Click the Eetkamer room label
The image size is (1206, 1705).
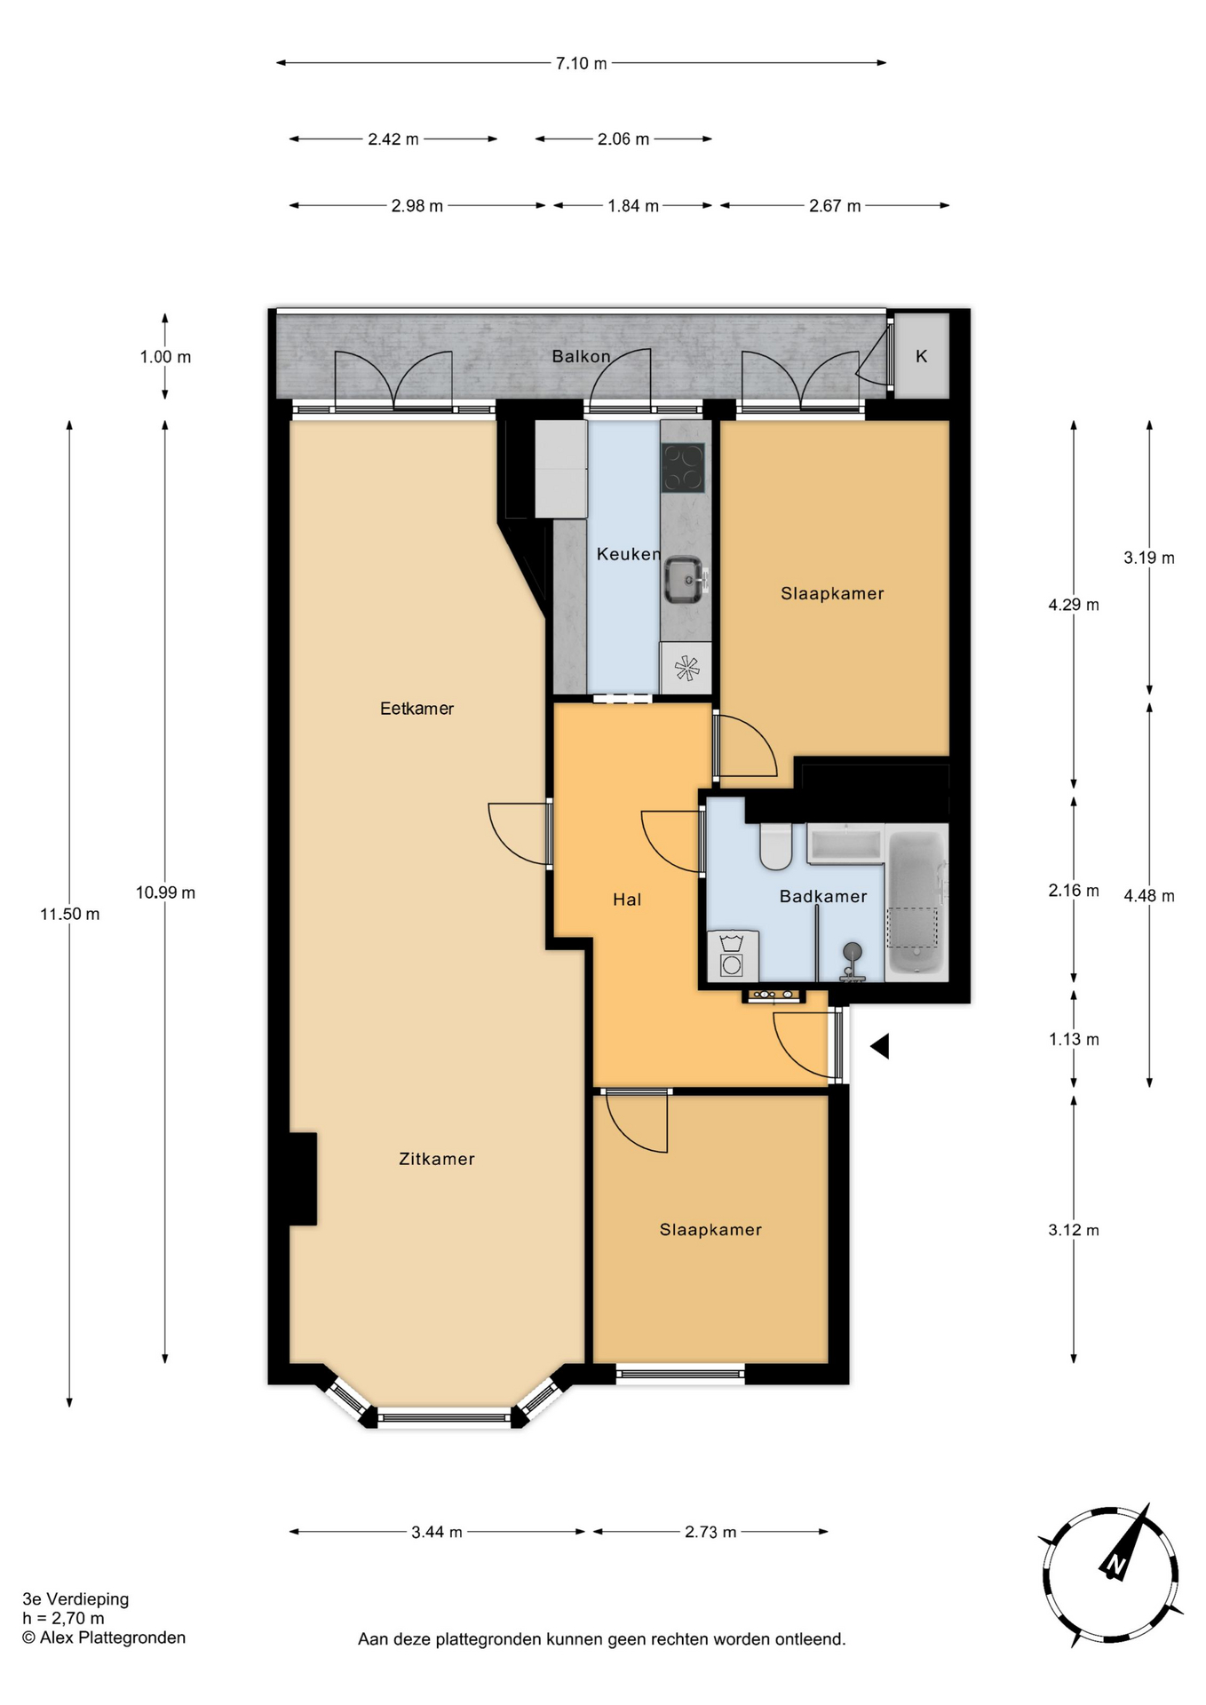pyautogui.click(x=417, y=709)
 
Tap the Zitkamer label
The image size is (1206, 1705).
pyautogui.click(x=437, y=1159)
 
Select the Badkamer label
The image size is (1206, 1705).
pyautogui.click(x=823, y=897)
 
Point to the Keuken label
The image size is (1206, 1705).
pyautogui.click(x=629, y=554)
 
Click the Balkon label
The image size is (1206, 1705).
pyautogui.click(x=582, y=356)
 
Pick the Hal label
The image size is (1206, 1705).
pyautogui.click(x=627, y=900)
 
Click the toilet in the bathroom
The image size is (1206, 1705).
pyautogui.click(x=776, y=846)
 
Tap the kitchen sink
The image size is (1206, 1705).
pyautogui.click(x=685, y=580)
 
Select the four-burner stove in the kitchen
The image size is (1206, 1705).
pyautogui.click(x=683, y=467)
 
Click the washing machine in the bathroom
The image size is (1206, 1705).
pyautogui.click(x=733, y=956)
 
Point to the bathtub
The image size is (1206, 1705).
pyautogui.click(x=916, y=901)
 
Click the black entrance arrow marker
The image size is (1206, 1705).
pyautogui.click(x=879, y=1046)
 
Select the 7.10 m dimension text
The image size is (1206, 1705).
pyautogui.click(x=582, y=63)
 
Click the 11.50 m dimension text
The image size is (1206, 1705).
pyautogui.click(x=70, y=914)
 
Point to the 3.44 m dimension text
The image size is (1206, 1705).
pyautogui.click(x=437, y=1532)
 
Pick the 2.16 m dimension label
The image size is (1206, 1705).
pyautogui.click(x=1074, y=890)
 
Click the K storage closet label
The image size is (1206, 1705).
pyautogui.click(x=922, y=356)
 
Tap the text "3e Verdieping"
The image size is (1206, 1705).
pyautogui.click(x=76, y=1599)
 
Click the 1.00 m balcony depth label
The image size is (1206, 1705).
pyautogui.click(x=165, y=357)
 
